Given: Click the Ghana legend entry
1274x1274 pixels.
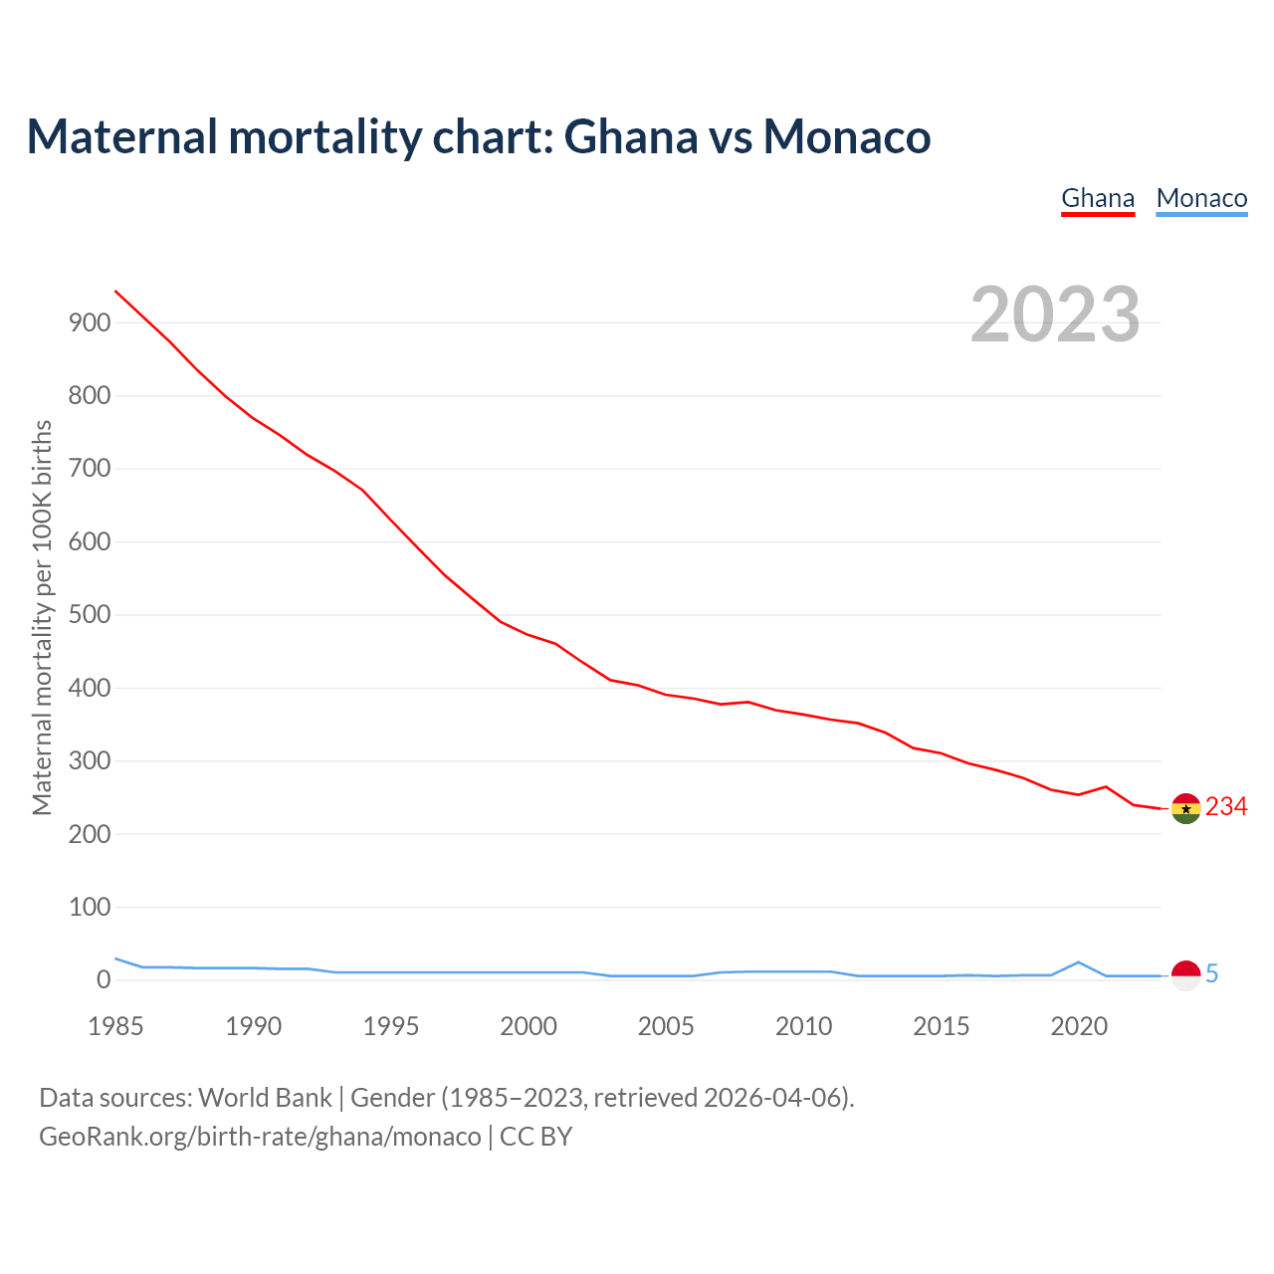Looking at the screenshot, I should tap(1098, 198).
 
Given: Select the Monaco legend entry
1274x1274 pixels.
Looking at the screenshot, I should tap(1201, 198).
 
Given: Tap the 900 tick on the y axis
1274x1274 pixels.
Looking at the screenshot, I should tap(89, 322).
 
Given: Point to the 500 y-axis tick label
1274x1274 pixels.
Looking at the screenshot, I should tap(89, 615).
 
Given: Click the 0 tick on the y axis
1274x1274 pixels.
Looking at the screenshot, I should tap(104, 980).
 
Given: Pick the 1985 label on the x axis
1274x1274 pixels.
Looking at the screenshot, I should tap(115, 1026).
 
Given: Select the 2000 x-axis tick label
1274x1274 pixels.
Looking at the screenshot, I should tap(529, 1026).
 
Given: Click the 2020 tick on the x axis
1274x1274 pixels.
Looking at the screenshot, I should tap(1079, 1026).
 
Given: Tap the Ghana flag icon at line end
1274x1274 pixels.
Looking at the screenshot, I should tap(1185, 809).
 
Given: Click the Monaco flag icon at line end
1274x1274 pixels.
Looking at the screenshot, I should tap(1185, 975).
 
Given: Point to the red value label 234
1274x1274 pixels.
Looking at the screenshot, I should tap(1226, 807).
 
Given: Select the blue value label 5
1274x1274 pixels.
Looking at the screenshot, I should tap(1212, 974).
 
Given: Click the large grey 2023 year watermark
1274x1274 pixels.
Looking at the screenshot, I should tap(1055, 315).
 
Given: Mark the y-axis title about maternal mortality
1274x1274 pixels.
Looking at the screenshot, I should tap(42, 617).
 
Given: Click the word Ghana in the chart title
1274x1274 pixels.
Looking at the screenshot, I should tap(631, 136).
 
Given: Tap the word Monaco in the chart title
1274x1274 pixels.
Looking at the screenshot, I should tap(847, 136).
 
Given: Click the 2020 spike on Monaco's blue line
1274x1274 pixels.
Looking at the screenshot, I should tap(1079, 962).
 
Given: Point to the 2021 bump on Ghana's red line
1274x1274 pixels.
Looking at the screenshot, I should tap(1106, 787).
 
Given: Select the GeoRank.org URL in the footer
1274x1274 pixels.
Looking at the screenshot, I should tap(260, 1137).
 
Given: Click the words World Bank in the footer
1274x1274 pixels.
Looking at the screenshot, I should tap(265, 1098).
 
